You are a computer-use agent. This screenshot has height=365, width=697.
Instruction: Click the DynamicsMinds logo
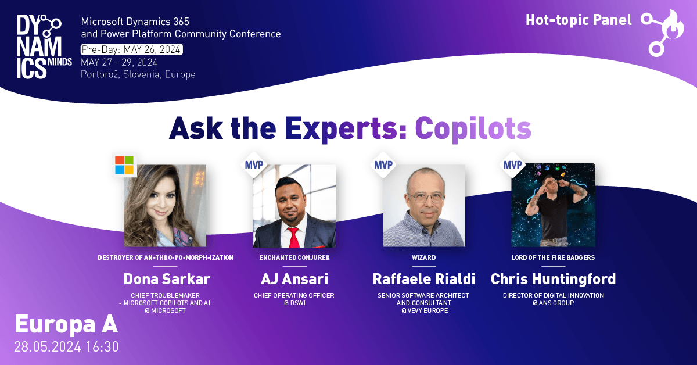pos(44,46)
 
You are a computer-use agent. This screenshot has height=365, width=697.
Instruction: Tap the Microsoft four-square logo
pos(124,164)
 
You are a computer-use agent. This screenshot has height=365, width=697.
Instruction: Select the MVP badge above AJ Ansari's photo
pos(254,164)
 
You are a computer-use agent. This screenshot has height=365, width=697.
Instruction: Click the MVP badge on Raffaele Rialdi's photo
pos(383,164)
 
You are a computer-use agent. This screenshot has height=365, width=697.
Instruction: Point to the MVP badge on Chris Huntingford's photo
pos(512,164)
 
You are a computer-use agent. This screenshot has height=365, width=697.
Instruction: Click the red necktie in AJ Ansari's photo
pos(293,237)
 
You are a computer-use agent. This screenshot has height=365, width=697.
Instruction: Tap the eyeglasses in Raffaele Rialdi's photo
pos(426,197)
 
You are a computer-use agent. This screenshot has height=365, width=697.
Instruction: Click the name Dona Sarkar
pos(167,279)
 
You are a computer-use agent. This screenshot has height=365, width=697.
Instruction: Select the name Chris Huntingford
pos(553,279)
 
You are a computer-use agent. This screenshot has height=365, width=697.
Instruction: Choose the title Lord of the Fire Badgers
pos(553,257)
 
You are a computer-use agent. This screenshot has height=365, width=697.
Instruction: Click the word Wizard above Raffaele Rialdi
pos(424,257)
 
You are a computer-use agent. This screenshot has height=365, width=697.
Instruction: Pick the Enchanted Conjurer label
pos(294,257)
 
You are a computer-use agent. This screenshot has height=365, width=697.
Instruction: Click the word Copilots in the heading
pos(473,128)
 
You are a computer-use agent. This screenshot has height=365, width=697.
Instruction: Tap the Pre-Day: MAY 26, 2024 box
pos(132,49)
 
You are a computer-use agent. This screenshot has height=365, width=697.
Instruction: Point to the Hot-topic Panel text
pos(579,20)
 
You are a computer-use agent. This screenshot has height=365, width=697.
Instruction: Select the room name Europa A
pos(66,324)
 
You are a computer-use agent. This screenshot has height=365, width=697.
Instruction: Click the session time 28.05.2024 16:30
pos(66,347)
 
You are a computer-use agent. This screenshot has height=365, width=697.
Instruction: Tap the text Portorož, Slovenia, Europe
pos(138,74)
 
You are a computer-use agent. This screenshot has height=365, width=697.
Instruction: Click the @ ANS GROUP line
pos(553,303)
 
